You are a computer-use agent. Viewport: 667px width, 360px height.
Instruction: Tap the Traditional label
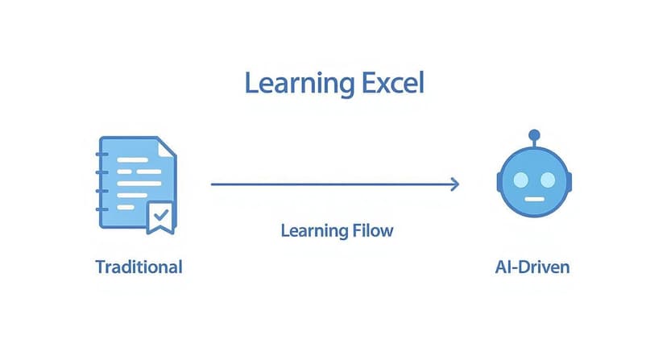pyautogui.click(x=139, y=267)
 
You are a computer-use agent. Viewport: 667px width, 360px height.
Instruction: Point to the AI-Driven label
pyautogui.click(x=532, y=267)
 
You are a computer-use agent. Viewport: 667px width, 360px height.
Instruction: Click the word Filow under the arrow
pyautogui.click(x=371, y=231)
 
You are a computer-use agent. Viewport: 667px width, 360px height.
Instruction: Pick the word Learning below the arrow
pyautogui.click(x=314, y=231)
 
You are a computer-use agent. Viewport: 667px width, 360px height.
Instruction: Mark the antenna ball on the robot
pyautogui.click(x=532, y=134)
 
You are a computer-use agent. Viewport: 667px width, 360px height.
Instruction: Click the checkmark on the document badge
pyautogui.click(x=161, y=214)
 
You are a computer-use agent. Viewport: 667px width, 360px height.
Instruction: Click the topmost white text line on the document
pyautogui.click(x=134, y=159)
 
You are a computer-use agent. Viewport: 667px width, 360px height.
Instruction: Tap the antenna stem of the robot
pyautogui.click(x=532, y=143)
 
